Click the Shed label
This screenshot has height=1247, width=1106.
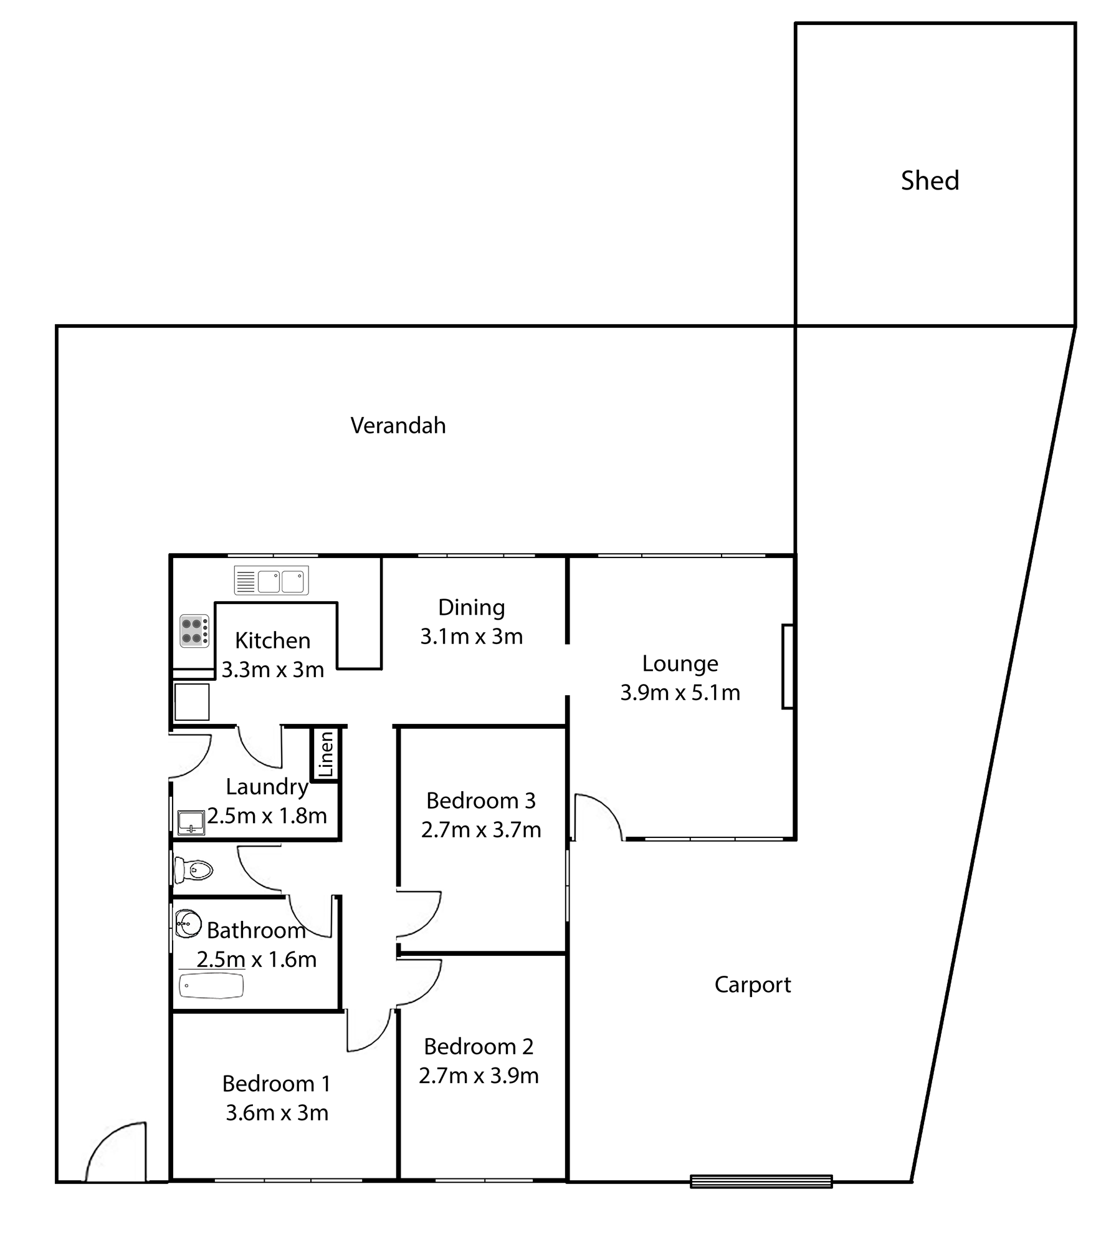[x=930, y=181]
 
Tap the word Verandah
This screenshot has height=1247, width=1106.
[x=398, y=425]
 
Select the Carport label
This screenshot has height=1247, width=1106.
[x=752, y=985]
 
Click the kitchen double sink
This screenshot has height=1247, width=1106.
[x=271, y=580]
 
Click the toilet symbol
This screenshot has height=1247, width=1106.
[x=194, y=869]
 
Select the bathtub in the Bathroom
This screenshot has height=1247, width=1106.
[x=211, y=986]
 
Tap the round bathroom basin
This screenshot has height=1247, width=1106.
[x=188, y=923]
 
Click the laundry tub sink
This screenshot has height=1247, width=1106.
[x=191, y=822]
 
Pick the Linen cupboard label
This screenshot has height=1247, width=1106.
[x=326, y=754]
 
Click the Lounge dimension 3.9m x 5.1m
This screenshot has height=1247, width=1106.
[x=680, y=692]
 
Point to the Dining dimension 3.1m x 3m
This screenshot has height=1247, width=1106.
[x=471, y=636]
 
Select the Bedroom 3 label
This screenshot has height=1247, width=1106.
[x=480, y=801]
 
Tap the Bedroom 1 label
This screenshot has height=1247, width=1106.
[x=276, y=1084]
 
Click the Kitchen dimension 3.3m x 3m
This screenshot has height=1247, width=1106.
[x=273, y=670]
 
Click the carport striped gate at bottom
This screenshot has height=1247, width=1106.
[x=761, y=1181]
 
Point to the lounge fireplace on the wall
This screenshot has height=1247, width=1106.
[x=788, y=667]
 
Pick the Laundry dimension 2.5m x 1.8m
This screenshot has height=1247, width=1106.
[x=267, y=816]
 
